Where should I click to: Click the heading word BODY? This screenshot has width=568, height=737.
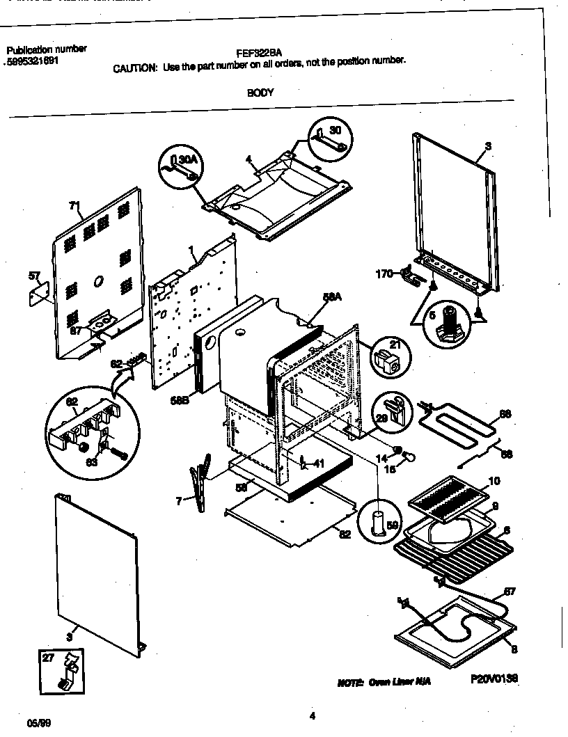(260, 92)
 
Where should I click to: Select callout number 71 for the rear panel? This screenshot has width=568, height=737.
(74, 205)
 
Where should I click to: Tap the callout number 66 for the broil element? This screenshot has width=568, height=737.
(505, 413)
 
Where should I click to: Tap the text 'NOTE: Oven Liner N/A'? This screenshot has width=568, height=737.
(384, 682)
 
